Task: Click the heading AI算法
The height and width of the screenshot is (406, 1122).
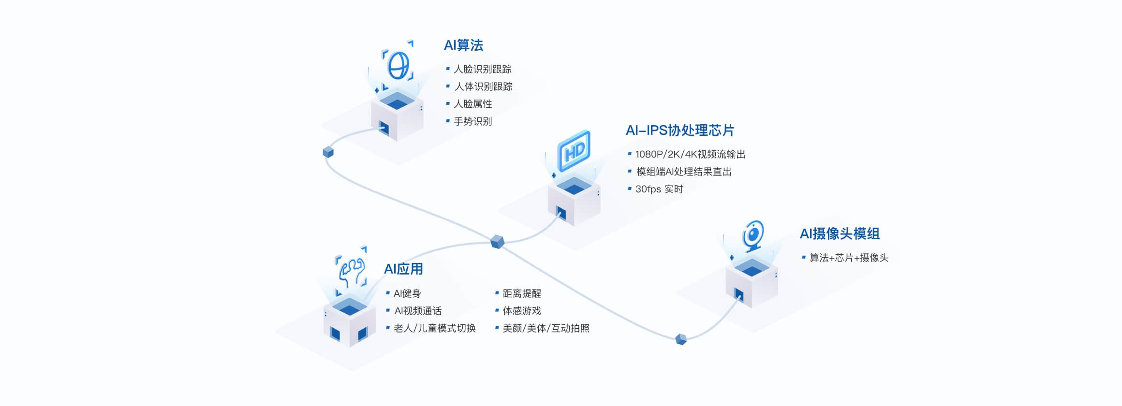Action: click(x=463, y=45)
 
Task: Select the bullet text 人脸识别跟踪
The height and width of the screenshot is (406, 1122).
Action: click(x=482, y=69)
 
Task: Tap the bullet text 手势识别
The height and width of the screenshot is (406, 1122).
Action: click(x=472, y=121)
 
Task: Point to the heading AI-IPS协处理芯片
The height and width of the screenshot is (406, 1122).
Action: click(x=679, y=130)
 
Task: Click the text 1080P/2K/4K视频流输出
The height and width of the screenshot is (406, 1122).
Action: click(x=690, y=154)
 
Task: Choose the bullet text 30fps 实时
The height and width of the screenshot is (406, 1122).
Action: click(x=659, y=189)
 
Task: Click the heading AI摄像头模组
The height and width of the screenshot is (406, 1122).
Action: click(x=839, y=234)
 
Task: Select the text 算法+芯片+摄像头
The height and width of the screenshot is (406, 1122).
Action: click(x=848, y=258)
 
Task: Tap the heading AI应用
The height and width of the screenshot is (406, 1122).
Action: click(x=403, y=269)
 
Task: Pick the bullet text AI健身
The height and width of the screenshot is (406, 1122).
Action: click(x=407, y=293)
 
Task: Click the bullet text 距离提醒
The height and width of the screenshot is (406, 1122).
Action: click(x=521, y=293)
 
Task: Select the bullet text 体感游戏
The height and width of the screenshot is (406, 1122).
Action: click(x=521, y=311)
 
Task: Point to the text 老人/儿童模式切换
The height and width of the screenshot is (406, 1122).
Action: click(x=434, y=328)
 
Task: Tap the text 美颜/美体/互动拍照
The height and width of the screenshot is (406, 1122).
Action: click(x=546, y=328)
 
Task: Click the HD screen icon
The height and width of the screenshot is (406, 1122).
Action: click(x=574, y=151)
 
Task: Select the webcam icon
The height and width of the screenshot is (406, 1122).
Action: click(x=753, y=236)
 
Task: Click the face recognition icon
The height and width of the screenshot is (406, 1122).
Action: click(x=398, y=65)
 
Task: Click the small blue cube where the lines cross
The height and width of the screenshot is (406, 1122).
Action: click(x=497, y=241)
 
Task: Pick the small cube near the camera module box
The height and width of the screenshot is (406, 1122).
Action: click(x=681, y=339)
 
